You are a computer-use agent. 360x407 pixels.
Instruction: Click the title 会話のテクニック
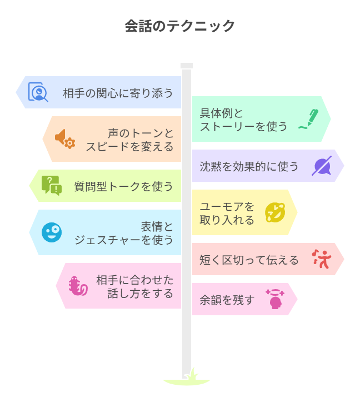[x=179, y=26]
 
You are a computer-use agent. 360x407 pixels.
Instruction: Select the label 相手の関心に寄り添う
[x=118, y=93]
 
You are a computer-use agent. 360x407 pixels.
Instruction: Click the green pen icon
[x=309, y=119]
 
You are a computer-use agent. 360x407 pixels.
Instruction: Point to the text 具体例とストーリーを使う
[x=243, y=120]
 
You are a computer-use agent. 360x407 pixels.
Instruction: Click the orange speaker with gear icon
[x=64, y=138]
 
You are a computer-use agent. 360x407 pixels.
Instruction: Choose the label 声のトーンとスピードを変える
[x=129, y=140]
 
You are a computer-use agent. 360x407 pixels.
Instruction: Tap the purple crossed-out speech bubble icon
[x=322, y=166]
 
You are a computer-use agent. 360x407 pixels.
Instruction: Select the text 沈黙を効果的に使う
[x=249, y=166]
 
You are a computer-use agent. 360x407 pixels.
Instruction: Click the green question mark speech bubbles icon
[x=52, y=186]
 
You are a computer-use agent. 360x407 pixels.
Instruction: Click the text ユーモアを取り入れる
[x=227, y=213]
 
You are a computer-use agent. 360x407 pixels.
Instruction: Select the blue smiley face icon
[x=52, y=232]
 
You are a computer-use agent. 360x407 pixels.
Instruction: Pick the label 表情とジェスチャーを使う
[x=124, y=233]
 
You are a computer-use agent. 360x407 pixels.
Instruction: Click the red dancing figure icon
[x=321, y=259]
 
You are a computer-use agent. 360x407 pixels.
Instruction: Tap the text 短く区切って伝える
[x=249, y=260]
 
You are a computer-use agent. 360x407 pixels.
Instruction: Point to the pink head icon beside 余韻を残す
[x=275, y=299]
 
